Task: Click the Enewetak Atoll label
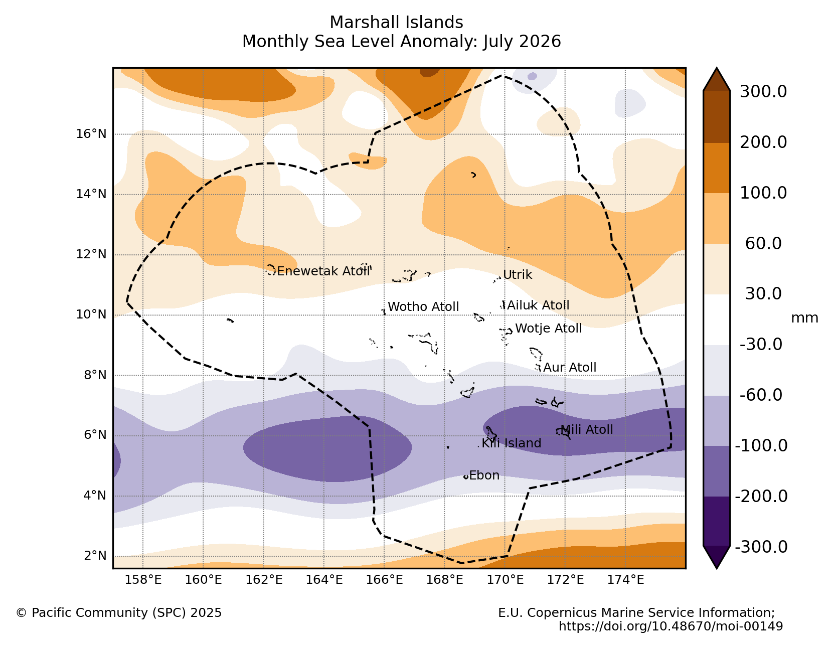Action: tap(323, 271)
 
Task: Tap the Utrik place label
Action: tap(518, 275)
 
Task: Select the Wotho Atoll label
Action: tap(423, 307)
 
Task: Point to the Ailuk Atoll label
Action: tap(538, 305)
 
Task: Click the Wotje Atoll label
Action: tap(549, 329)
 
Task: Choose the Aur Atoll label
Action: tap(570, 368)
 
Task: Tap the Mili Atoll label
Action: tap(586, 430)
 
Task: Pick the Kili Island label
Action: tap(511, 443)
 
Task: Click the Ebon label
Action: tap(484, 475)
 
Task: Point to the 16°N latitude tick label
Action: tap(91, 134)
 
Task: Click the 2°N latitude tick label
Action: tap(95, 556)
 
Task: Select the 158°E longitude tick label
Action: tap(143, 580)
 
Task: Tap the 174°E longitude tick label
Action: tap(625, 580)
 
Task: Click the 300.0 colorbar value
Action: tap(763, 92)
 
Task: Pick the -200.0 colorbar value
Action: tap(761, 497)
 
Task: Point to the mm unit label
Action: tap(804, 318)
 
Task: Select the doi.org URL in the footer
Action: tap(671, 626)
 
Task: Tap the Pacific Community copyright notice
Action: tap(119, 613)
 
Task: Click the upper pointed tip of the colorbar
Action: tap(716, 68)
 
